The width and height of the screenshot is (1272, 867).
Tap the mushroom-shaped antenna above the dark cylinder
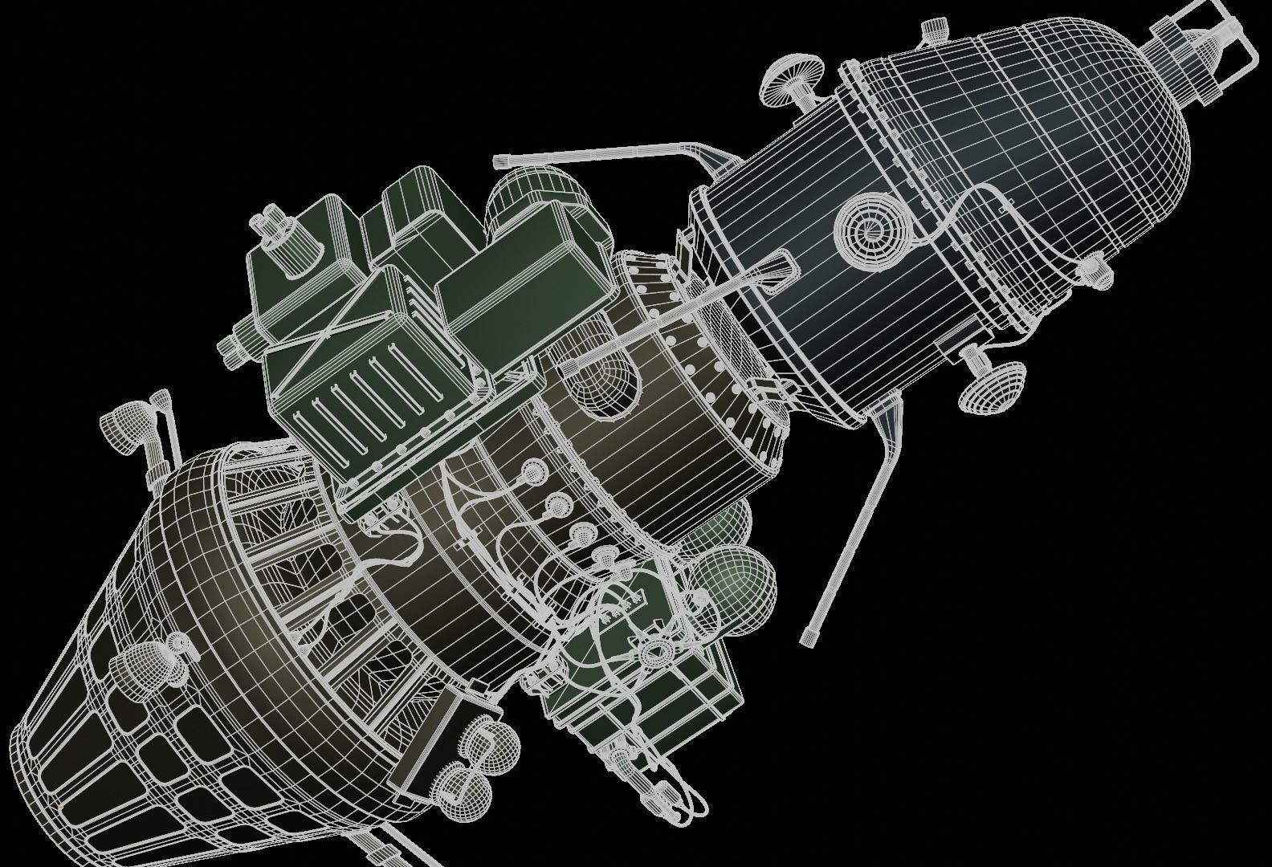tap(786, 80)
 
